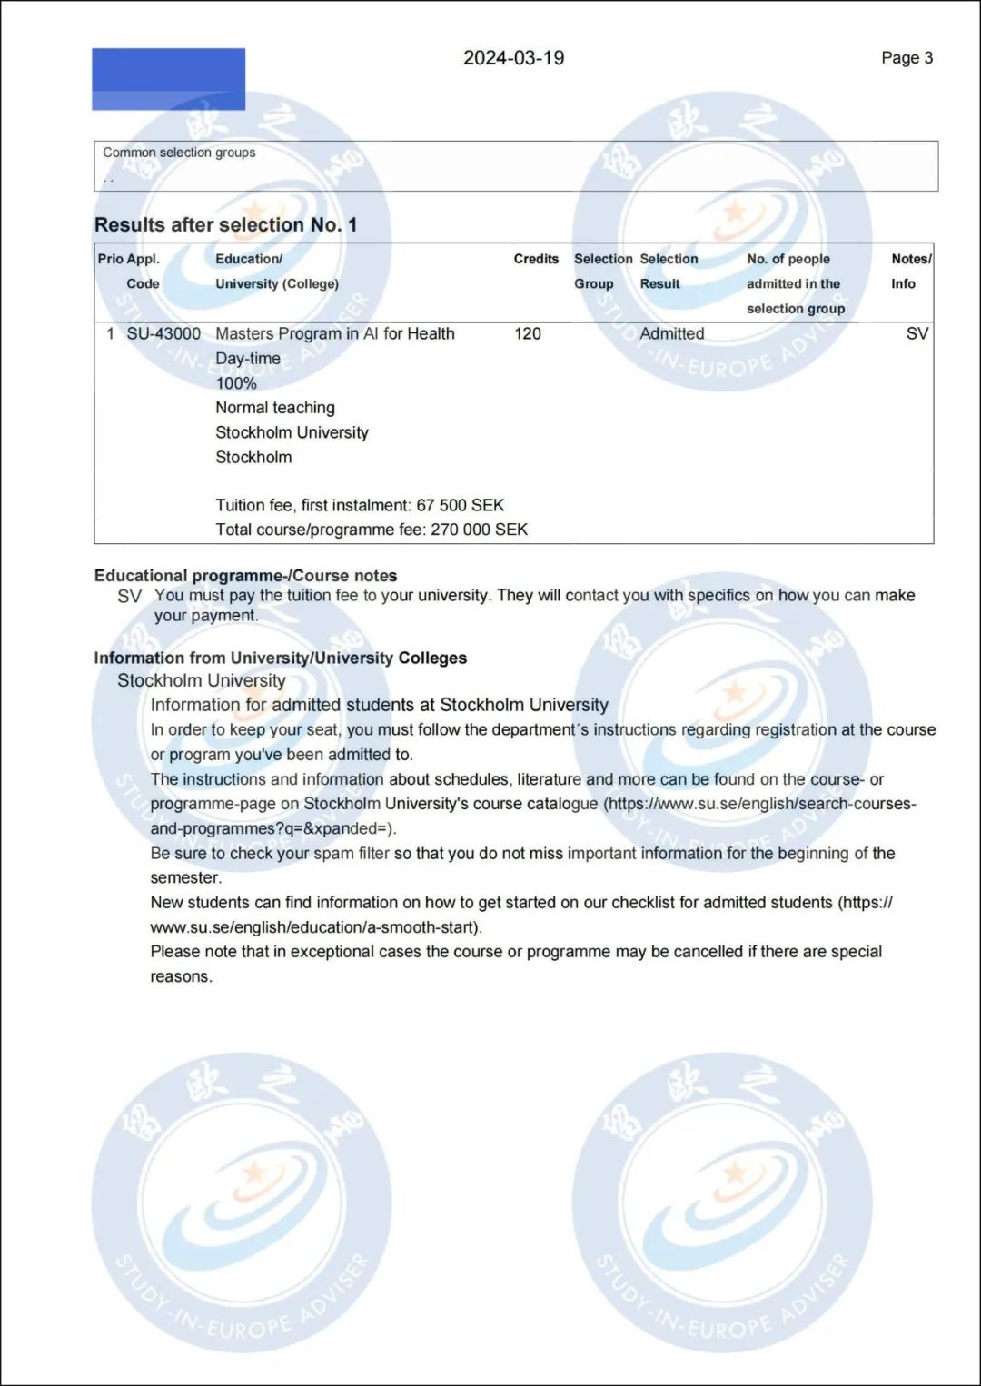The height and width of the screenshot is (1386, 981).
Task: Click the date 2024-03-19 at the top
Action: point(513,58)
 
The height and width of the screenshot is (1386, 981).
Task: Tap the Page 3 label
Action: point(907,58)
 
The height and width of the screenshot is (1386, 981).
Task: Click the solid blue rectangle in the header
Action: point(168,79)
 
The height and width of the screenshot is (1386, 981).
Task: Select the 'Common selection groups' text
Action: point(179,153)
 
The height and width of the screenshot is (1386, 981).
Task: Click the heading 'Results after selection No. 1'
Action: point(225,224)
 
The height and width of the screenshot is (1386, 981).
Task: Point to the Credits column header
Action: point(536,259)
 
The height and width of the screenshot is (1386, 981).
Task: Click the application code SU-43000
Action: point(163,333)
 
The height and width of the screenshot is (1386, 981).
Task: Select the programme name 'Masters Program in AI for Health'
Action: point(335,333)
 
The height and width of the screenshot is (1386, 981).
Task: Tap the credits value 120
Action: point(527,333)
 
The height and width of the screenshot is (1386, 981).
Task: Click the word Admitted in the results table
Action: point(671,333)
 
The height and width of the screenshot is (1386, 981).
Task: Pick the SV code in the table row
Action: point(917,333)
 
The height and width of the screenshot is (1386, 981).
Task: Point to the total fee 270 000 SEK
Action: point(479,530)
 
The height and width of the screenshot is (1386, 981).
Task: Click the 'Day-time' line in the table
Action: point(248,359)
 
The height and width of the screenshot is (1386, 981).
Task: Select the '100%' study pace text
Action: point(236,383)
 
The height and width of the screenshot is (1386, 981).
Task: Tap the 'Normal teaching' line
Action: point(275,408)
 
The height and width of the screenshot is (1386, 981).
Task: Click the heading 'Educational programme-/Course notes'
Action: point(245,576)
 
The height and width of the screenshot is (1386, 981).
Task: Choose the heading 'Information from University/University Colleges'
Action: point(280,658)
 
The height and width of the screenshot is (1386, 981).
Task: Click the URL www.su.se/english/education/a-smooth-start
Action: point(314,927)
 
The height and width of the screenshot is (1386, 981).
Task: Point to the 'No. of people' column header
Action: point(788,259)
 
